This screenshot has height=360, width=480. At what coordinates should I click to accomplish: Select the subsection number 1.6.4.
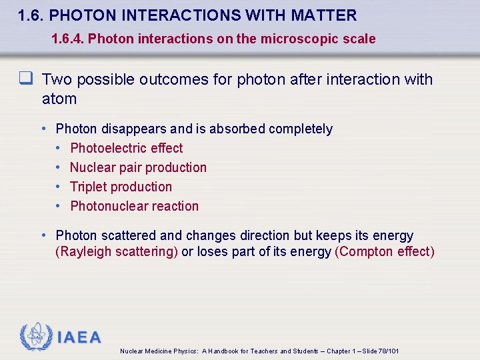(x=67, y=39)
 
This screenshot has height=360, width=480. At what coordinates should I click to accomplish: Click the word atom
(x=59, y=99)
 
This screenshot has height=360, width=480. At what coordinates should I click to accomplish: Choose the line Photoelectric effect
(x=126, y=148)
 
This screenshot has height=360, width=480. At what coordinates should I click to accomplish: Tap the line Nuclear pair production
(x=138, y=167)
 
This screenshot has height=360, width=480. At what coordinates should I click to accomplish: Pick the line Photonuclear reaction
(x=134, y=206)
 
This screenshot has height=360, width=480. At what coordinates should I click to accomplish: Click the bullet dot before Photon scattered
(x=43, y=235)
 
